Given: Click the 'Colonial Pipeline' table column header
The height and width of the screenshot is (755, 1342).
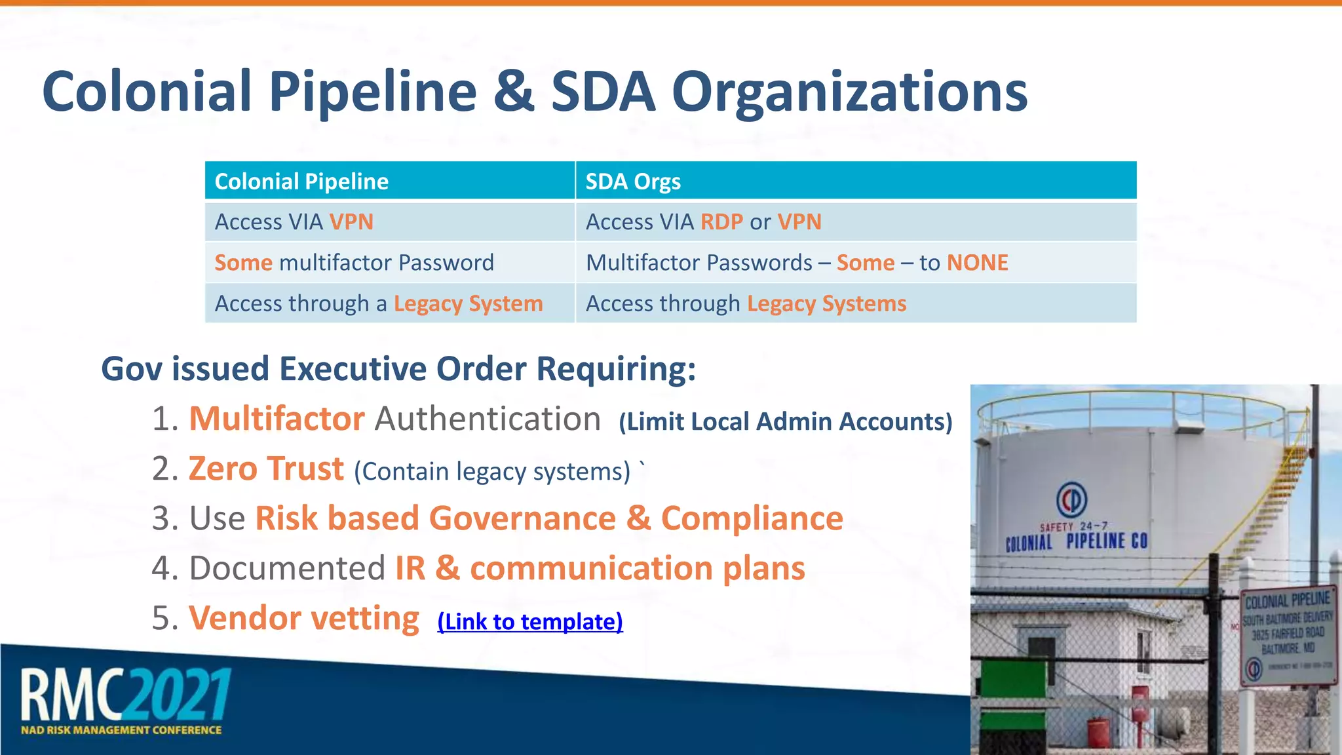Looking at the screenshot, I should point(301,182).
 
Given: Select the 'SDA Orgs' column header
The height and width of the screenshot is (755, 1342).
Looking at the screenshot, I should point(633,182).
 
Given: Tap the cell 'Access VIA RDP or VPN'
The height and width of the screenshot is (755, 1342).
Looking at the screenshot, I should point(703,222).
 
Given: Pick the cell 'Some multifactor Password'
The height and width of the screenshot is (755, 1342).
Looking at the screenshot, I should point(354,263).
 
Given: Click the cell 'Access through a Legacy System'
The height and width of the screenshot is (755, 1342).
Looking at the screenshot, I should point(379,303).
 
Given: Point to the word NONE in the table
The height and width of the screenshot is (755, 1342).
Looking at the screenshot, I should point(977,263).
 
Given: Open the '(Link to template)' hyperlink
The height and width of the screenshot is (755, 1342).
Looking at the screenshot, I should point(529,621).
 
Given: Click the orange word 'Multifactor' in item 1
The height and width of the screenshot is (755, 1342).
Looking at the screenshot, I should point(277,419).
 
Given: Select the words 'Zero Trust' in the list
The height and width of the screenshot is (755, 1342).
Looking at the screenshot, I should point(266,469).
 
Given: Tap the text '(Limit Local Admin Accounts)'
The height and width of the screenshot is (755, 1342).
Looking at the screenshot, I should point(785,421).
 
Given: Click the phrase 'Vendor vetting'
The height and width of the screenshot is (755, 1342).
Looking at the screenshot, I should point(304,618).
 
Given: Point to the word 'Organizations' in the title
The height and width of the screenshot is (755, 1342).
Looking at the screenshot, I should point(849,92).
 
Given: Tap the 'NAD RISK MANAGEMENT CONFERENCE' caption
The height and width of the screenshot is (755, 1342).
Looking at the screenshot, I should point(121,730).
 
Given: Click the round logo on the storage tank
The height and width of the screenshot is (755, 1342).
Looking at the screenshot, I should point(1071,500).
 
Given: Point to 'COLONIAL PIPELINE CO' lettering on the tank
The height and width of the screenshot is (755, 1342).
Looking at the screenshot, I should point(1076,541).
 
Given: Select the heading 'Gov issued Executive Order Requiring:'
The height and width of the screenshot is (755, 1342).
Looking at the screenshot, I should point(398,369).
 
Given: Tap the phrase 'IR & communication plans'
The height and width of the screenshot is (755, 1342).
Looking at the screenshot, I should point(600,568).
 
